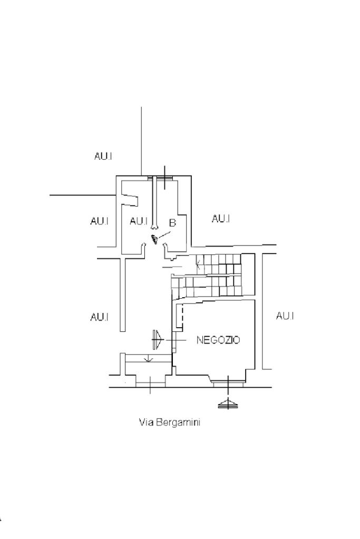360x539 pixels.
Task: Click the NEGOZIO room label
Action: pos(218,340)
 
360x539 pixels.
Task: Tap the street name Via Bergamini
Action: pos(170,422)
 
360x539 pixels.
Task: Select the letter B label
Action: pos(172,223)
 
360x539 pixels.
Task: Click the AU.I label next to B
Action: pos(139,221)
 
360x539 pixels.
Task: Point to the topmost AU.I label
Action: pos(103,156)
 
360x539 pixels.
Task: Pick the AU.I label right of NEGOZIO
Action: pos(285,316)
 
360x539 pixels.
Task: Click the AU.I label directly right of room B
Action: pos(221,218)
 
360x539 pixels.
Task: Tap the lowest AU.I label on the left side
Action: pos(99,317)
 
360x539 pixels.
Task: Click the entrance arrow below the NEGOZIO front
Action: pos(228,404)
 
